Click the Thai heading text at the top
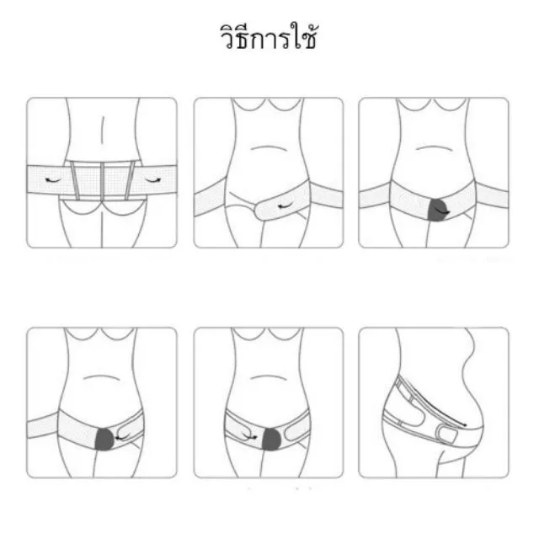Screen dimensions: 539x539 tap(268, 37)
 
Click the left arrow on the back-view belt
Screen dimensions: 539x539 tap(52, 179)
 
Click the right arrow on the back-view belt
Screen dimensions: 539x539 tap(153, 179)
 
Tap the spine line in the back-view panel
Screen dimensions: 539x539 tap(103, 130)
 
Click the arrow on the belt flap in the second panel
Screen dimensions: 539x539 tap(285, 205)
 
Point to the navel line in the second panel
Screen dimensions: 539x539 tap(269, 148)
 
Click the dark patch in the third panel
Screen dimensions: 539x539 tap(437, 210)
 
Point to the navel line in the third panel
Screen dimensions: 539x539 tap(434, 148)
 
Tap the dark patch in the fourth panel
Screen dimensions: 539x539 tap(104, 439)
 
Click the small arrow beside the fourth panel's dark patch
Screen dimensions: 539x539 tap(121, 436)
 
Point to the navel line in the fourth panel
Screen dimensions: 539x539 tap(101, 377)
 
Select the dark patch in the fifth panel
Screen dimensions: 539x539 tap(272, 439)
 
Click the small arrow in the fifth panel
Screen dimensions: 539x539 tap(250, 435)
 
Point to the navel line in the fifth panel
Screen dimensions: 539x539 tap(269, 377)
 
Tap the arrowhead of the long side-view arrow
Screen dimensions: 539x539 tap(464, 425)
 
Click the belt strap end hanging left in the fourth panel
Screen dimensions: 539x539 tap(42, 426)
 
